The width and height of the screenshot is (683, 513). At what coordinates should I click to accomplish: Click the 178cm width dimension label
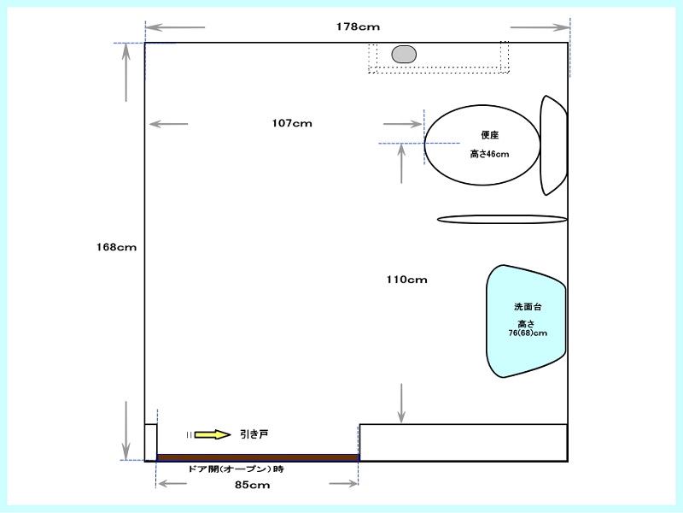358,27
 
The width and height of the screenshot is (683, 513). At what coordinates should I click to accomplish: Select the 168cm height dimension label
116,247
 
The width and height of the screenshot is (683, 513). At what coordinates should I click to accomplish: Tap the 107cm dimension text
292,123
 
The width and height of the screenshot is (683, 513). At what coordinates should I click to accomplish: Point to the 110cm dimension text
406,280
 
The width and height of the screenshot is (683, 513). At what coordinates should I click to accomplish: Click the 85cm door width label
252,485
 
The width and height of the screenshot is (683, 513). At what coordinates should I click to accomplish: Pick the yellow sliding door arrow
212,434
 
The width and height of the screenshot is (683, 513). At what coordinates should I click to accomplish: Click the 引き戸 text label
254,434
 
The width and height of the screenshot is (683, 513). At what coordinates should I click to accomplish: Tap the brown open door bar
258,457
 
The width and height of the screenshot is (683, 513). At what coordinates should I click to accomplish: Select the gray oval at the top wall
404,55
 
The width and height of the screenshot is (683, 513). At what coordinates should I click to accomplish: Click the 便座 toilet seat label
489,135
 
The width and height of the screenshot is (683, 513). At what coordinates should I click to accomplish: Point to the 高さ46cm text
489,154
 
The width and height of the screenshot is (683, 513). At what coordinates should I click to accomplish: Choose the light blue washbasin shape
526,321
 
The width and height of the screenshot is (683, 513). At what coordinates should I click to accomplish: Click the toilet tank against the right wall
553,145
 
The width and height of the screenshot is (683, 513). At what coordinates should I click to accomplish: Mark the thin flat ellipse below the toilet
502,220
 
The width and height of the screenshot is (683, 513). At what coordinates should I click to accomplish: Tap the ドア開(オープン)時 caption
236,469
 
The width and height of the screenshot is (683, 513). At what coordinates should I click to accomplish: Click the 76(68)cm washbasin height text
528,333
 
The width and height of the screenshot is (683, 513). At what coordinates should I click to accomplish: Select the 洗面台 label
528,307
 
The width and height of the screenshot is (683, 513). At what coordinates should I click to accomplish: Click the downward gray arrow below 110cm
401,403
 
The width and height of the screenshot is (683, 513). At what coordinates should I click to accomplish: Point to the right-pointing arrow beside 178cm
540,27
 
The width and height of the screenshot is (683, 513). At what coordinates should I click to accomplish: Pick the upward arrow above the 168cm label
126,73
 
